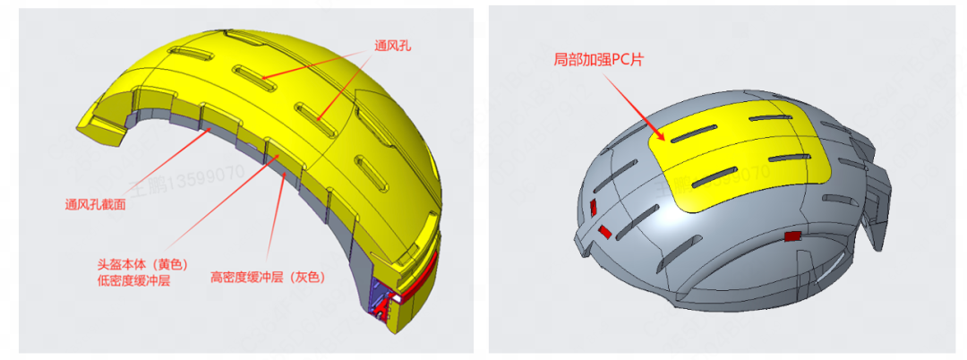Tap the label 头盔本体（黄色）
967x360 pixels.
click(x=140, y=265)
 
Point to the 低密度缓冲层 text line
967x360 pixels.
click(x=133, y=281)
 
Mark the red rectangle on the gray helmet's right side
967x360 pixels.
click(x=792, y=236)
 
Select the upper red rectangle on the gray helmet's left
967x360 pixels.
click(x=592, y=209)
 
